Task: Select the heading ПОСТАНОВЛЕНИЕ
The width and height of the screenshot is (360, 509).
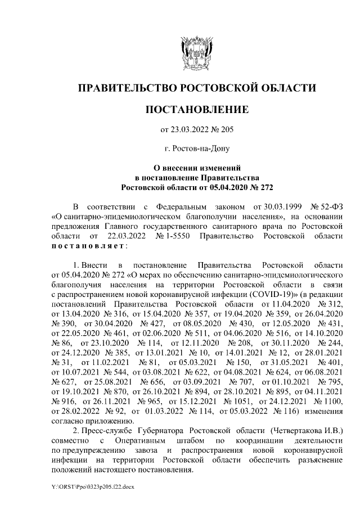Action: coord(196,109)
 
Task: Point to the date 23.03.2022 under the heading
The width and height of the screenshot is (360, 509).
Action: coord(192,130)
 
